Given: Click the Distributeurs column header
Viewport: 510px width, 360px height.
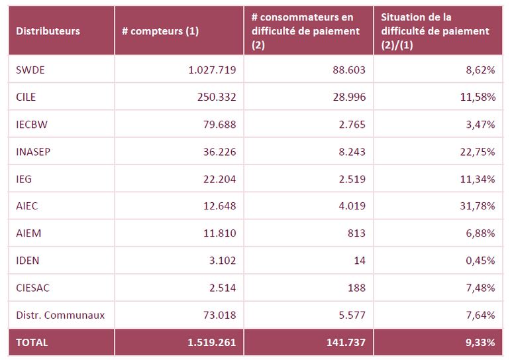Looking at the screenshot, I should tap(48, 31).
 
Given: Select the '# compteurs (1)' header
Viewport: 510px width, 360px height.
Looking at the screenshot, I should tap(160, 31).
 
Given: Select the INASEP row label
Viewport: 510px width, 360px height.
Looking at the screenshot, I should tap(33, 151).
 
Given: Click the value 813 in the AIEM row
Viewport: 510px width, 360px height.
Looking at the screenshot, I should tap(356, 233).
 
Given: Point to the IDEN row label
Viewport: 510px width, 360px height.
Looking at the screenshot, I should tap(28, 261).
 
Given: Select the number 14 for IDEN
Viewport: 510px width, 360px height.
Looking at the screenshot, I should tap(359, 261).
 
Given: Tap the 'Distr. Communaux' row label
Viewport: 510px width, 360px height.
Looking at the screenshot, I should tap(60, 315).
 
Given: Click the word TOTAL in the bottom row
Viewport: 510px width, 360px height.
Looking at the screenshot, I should tap(32, 343).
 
